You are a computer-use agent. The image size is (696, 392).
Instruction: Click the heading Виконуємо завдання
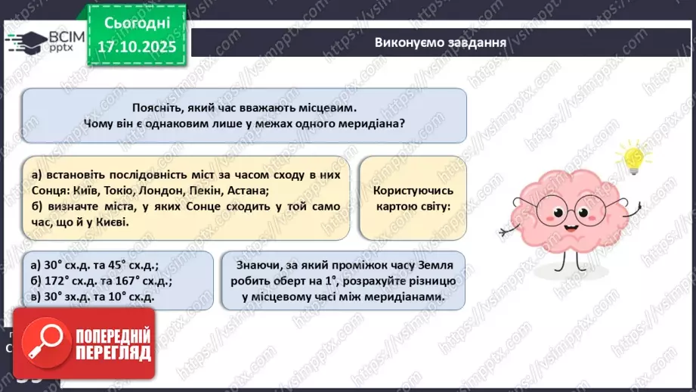pyautogui.click(x=440, y=42)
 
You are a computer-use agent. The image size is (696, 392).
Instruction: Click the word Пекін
pyautogui.click(x=233, y=191)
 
